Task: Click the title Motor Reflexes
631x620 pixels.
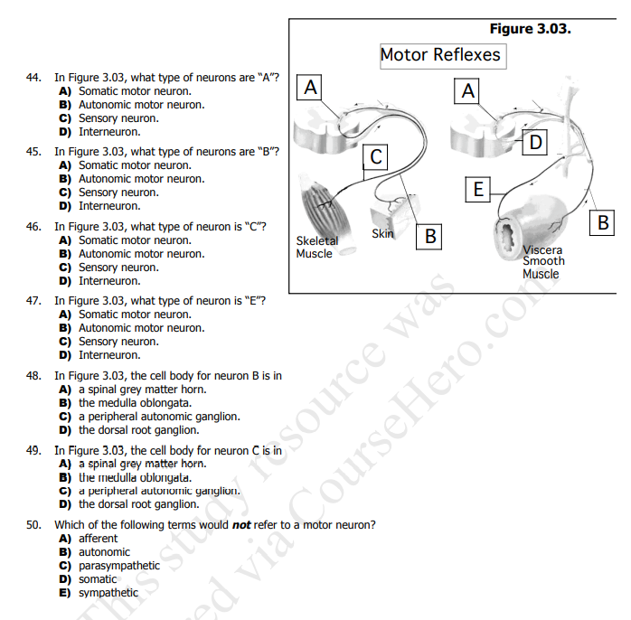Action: pos(440,55)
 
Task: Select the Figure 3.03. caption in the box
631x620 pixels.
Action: pos(530,29)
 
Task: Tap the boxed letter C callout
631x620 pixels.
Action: pos(377,157)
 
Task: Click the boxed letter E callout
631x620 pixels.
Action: pos(479,189)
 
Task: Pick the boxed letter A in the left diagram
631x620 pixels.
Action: pos(311,88)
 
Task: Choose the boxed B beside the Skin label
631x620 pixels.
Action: pos(431,237)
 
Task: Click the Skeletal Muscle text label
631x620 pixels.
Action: pos(316,248)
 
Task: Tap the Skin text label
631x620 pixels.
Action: pos(382,233)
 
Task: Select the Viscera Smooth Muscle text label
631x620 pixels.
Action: pos(542,262)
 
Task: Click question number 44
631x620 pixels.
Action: pos(33,78)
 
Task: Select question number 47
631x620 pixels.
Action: pos(33,301)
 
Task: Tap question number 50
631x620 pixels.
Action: pos(33,524)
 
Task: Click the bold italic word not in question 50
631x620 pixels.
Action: pos(241,525)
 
